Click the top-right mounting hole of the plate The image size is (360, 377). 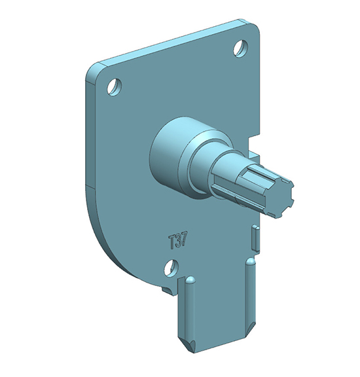tap(240, 48)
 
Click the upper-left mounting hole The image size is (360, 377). tap(115, 86)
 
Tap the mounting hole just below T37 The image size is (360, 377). tap(171, 268)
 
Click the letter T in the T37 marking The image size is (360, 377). tap(171, 242)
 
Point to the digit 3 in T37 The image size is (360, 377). tap(178, 240)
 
